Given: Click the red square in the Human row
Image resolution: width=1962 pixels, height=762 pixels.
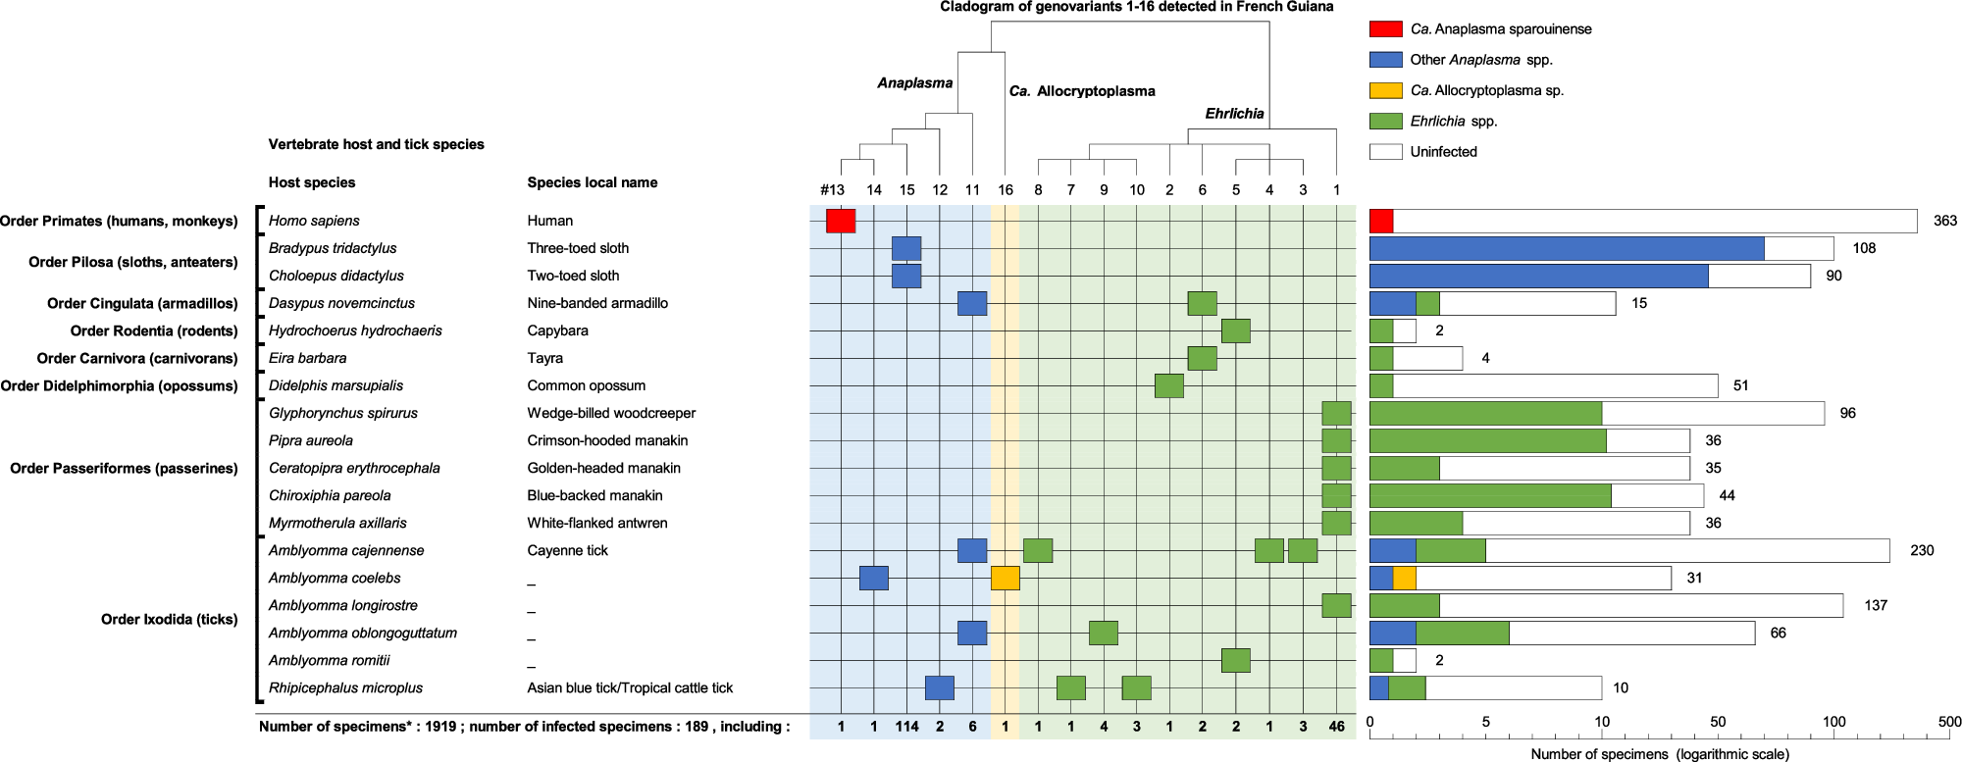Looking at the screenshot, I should coord(841,221).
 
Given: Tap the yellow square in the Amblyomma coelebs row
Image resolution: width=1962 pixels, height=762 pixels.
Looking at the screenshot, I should coord(1005,579).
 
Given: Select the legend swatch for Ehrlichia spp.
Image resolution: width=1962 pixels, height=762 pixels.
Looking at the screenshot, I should coord(1385,122).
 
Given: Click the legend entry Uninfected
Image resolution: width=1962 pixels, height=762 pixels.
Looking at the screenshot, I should coord(1442,152).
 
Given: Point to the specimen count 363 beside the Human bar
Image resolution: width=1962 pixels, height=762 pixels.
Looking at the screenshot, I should coord(1944,221).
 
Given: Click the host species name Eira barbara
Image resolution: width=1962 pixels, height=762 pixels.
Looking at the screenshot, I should coord(307,358).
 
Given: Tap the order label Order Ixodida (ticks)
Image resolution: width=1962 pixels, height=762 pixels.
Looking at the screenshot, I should coord(169,619).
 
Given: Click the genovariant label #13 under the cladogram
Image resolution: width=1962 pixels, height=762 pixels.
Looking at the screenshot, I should coord(832,189).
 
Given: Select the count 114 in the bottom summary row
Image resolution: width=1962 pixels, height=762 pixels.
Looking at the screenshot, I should coord(906,727).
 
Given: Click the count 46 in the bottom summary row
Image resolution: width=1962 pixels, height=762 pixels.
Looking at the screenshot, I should coord(1336,727).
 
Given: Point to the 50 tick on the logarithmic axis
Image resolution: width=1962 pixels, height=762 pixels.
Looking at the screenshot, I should coord(1718,722).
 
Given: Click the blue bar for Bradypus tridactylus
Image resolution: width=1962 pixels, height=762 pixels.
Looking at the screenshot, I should coord(1566,248).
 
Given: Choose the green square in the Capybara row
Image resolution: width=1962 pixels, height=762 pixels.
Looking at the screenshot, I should coord(1235,330).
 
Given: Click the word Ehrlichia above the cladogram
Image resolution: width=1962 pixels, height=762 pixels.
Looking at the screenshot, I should coord(1234,114).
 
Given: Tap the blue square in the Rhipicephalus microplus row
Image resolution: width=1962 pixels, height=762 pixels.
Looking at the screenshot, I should coord(939,687).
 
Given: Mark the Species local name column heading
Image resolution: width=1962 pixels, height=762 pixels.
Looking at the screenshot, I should coord(592,182).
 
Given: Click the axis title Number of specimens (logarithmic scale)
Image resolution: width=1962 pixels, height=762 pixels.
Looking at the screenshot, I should coord(1660,754).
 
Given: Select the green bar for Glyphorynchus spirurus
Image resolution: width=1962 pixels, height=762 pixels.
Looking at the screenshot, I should coord(1484,413).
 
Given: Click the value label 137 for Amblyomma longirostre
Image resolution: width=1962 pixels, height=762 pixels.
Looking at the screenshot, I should coord(1875,605).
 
